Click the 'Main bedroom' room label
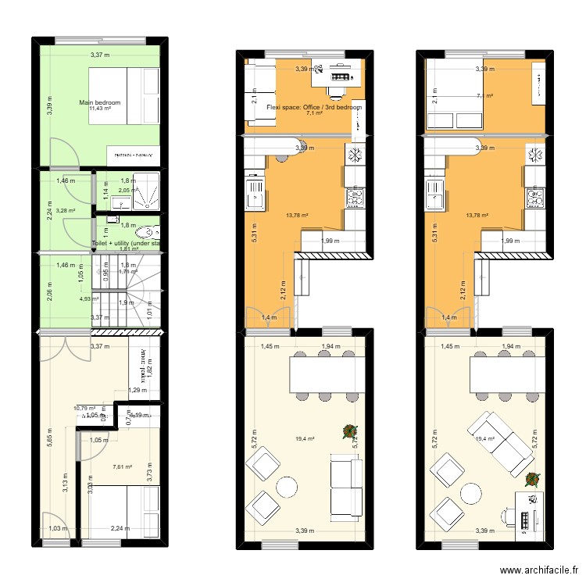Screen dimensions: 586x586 click(x=100, y=102)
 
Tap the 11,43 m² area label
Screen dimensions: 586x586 click(x=100, y=109)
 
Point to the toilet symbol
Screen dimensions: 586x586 click(x=147, y=232)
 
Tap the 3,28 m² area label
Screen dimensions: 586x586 click(x=66, y=210)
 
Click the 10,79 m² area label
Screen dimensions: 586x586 click(x=84, y=408)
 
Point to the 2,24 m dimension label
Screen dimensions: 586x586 click(x=120, y=528)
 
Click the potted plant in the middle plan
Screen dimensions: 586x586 click(x=347, y=431)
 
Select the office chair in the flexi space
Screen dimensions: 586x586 click(x=338, y=91)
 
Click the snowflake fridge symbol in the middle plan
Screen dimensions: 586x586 click(x=354, y=154)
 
